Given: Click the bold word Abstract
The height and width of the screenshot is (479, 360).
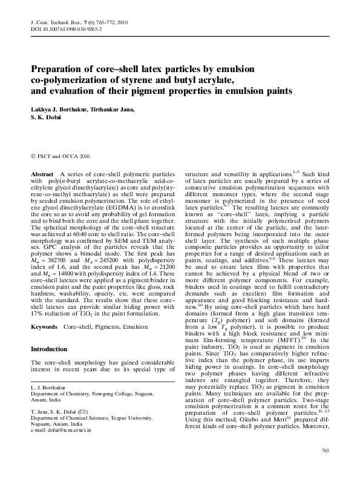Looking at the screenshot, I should tap(43, 174).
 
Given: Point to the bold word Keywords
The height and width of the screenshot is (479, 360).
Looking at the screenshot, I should tap(44, 327).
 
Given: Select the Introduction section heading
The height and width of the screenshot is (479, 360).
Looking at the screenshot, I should tap(50, 349).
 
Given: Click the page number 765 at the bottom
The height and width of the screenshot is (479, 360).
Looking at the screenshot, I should tap(325, 451).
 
